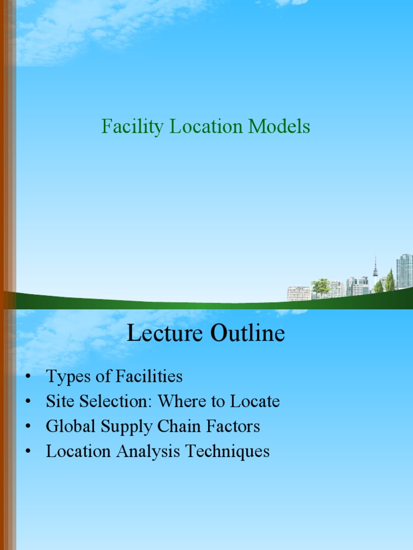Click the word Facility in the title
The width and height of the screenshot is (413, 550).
133,127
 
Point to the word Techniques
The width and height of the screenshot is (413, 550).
227,452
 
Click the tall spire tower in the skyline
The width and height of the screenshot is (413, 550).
375,271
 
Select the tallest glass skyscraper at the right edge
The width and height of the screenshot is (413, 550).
404,271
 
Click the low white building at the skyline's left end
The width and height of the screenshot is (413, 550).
299,293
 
